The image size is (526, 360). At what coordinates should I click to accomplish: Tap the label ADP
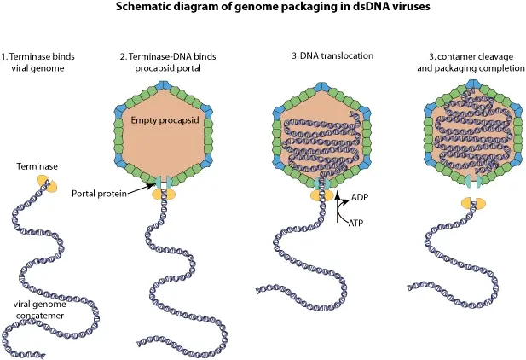[x=360, y=197]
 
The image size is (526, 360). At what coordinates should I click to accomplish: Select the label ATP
[x=355, y=223]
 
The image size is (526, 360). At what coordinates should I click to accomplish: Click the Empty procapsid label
[x=165, y=120]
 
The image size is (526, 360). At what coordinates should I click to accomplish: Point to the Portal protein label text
[x=99, y=194]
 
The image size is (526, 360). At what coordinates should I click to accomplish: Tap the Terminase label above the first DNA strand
[x=38, y=166]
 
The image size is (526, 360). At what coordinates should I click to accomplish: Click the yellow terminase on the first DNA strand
[x=47, y=185]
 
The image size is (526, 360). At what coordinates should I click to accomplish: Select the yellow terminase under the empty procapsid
[x=164, y=195]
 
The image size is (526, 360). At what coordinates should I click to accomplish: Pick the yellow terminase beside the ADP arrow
[x=321, y=196]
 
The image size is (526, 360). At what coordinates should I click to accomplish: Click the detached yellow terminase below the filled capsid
[x=473, y=203]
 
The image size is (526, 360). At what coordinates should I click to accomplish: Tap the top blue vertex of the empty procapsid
[x=164, y=85]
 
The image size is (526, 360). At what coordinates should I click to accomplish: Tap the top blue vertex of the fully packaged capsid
[x=473, y=84]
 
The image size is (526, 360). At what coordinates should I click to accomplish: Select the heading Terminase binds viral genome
[x=38, y=62]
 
